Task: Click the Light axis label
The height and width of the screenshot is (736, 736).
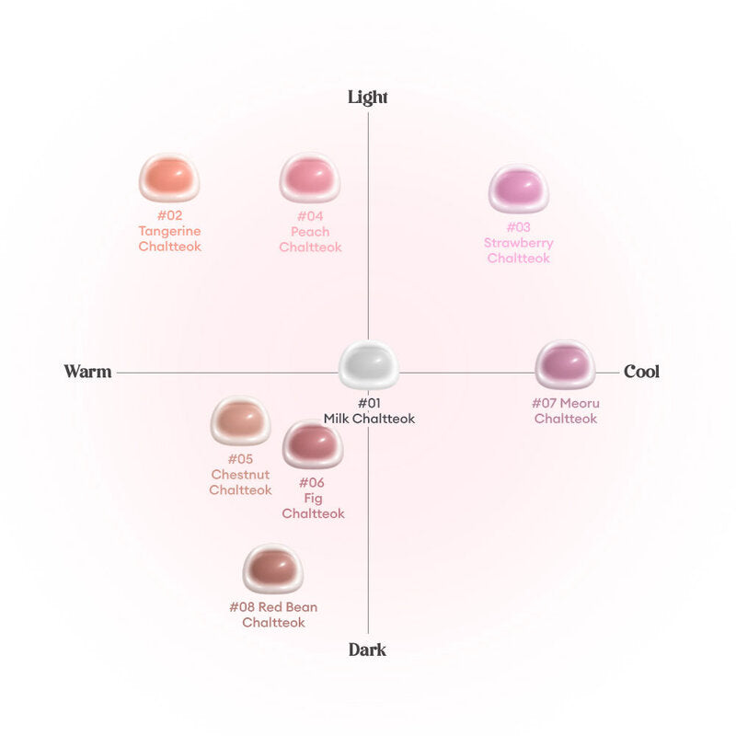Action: [x=367, y=98]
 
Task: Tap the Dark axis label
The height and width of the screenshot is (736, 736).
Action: [x=367, y=650]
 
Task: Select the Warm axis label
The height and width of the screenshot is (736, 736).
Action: [x=87, y=372]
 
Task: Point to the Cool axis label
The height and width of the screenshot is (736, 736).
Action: [x=641, y=372]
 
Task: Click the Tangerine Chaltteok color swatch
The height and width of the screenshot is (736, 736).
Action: [x=169, y=178]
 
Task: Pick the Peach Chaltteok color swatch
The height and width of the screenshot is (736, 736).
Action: [x=310, y=178]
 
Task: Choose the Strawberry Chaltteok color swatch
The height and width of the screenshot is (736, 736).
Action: [x=519, y=189]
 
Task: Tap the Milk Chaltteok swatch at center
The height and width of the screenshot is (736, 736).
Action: [x=369, y=364]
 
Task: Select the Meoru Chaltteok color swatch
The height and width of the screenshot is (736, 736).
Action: [x=565, y=364]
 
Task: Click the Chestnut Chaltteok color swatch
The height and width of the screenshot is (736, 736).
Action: [x=240, y=420]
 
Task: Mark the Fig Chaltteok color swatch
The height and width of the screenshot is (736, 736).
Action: [x=313, y=444]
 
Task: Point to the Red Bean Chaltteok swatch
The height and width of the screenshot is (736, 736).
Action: [x=273, y=569]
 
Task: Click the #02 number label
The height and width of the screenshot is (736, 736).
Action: [x=169, y=215]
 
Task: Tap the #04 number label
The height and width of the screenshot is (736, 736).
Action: [x=310, y=216]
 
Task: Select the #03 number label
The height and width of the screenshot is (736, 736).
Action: [x=519, y=227]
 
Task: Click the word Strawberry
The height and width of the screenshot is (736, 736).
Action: [x=519, y=243]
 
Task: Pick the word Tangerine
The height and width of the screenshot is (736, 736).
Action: [x=169, y=232]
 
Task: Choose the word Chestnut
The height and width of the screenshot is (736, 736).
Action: [x=240, y=475]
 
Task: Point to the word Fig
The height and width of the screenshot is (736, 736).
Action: [x=313, y=499]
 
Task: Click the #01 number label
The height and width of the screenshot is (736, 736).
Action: [x=370, y=403]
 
